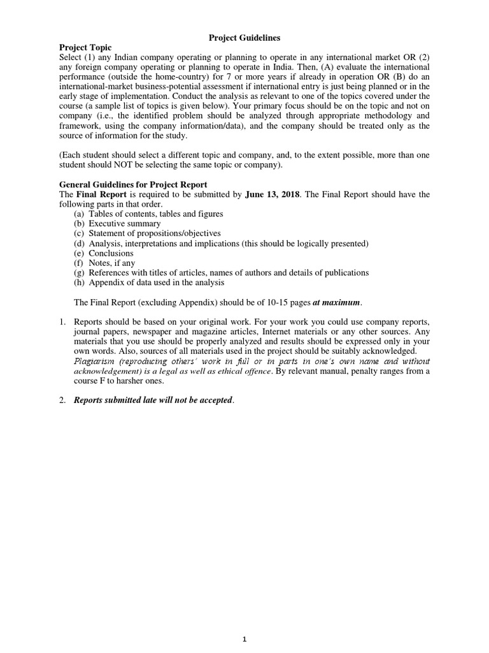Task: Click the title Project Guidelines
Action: [x=244, y=38]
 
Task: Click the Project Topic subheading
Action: [x=85, y=48]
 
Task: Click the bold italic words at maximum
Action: [x=336, y=302]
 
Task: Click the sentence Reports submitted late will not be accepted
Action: [x=153, y=400]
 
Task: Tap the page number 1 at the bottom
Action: [x=244, y=641]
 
